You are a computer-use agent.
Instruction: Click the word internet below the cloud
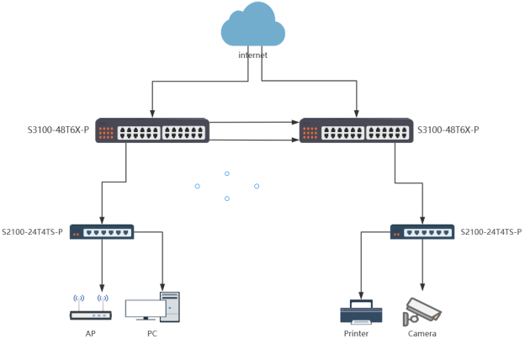252,55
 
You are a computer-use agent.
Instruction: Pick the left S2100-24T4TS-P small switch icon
102,231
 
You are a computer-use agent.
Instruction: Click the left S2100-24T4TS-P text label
32,231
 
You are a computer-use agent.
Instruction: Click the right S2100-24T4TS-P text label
491,231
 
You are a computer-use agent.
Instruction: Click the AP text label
91,334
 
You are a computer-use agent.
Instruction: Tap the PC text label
151,334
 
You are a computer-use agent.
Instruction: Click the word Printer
357,334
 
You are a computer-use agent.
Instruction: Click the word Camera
422,334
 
